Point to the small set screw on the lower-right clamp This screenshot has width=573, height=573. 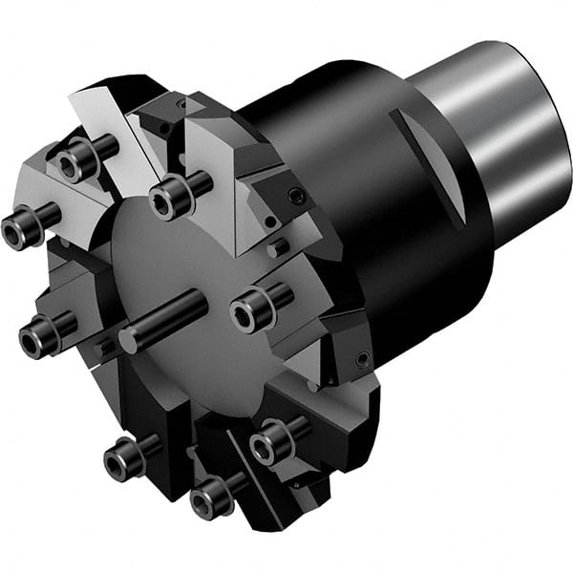coord(360,359)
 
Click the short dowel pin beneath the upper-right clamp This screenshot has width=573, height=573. coord(278,249)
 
